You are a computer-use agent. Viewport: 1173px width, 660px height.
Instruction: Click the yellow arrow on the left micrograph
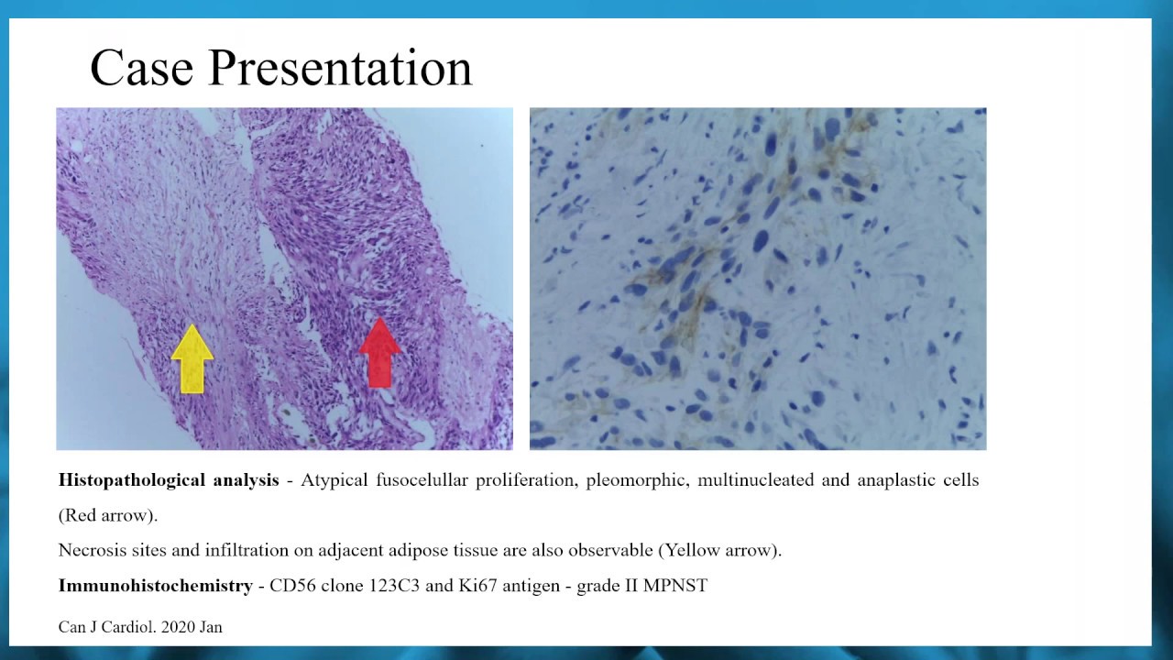point(192,358)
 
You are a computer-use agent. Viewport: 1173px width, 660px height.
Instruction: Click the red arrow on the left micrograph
point(379,353)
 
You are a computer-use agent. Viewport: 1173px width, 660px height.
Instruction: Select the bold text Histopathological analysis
point(169,480)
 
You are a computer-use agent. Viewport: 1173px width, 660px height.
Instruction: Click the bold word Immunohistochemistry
point(155,585)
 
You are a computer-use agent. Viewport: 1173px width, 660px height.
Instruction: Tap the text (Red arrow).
point(108,515)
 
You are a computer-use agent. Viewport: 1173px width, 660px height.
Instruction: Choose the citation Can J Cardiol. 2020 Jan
point(140,627)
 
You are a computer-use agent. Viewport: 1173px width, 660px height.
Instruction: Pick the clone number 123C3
point(395,585)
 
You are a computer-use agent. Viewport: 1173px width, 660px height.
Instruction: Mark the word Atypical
point(334,480)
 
